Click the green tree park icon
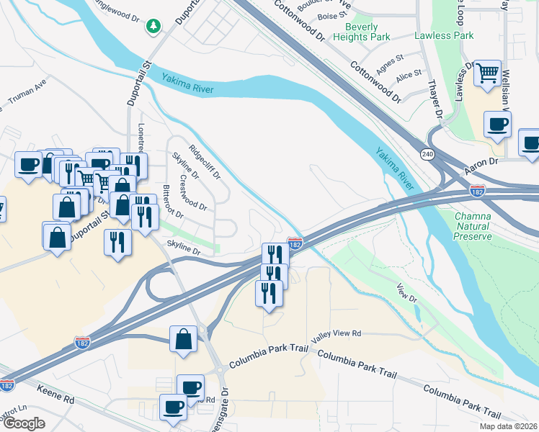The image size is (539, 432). pyautogui.click(x=153, y=27)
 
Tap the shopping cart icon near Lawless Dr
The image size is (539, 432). pyautogui.click(x=488, y=73)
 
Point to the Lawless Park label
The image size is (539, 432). pyautogui.click(x=443, y=35)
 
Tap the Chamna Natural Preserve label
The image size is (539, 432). pyautogui.click(x=473, y=226)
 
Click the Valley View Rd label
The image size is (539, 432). pyautogui.click(x=335, y=335)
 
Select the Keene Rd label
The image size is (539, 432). pyautogui.click(x=58, y=399)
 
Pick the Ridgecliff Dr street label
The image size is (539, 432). pyautogui.click(x=205, y=163)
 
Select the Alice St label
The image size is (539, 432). pyautogui.click(x=409, y=75)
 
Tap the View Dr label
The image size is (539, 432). pyautogui.click(x=406, y=292)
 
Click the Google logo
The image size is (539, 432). pyautogui.click(x=24, y=423)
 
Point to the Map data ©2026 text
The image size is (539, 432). pyautogui.click(x=508, y=426)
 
